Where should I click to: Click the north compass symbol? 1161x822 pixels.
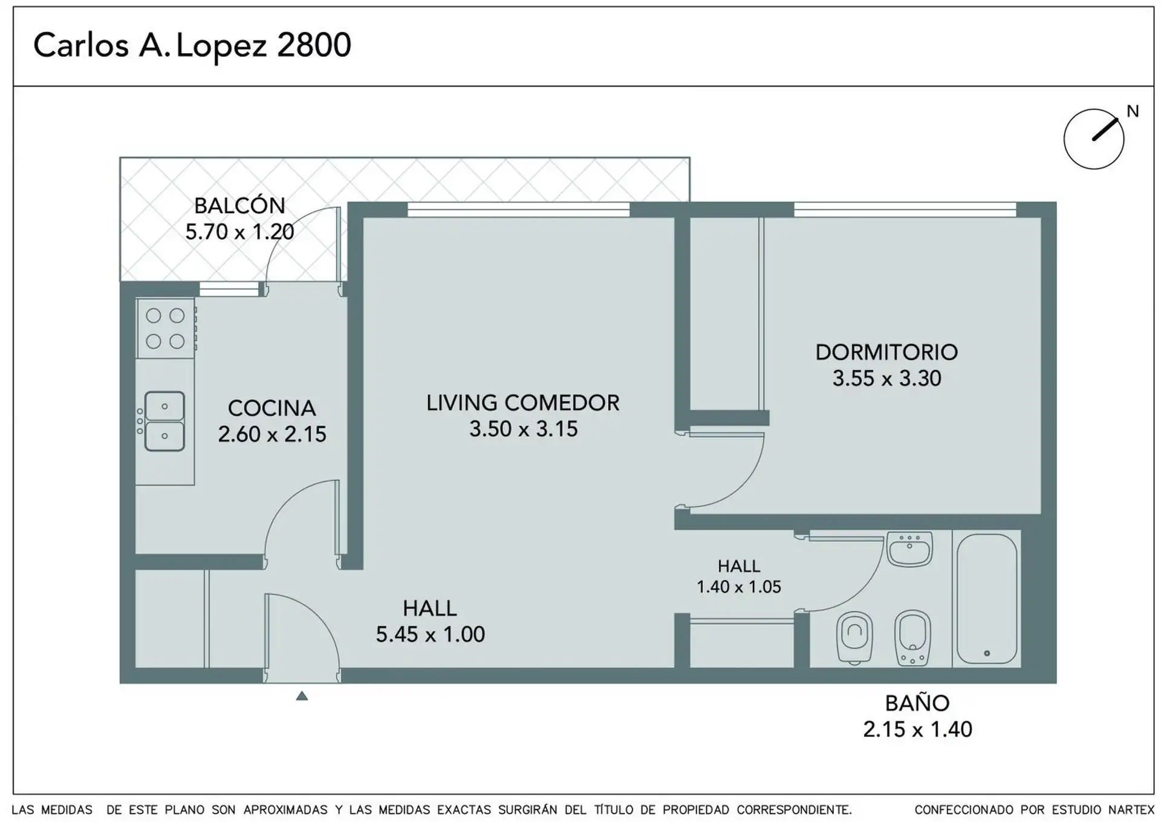1094,139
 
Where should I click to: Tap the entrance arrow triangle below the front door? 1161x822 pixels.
302,696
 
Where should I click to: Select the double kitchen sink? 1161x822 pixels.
164,421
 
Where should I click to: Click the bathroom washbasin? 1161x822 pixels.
909,549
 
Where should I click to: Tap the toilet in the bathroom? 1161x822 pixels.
854,639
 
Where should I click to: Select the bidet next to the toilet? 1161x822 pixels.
912,639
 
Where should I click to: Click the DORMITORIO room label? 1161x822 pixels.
886,352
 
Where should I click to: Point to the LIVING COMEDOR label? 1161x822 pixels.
523,403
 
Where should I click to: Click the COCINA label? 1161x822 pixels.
272,408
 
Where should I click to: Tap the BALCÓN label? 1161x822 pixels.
239,206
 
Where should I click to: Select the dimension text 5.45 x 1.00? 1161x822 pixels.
431,634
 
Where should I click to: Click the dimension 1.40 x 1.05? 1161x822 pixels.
739,587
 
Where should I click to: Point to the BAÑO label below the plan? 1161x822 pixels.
917,703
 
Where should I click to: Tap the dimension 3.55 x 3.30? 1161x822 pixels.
886,379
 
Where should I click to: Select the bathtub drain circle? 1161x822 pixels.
987,653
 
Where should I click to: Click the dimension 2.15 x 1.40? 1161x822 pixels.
917,729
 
